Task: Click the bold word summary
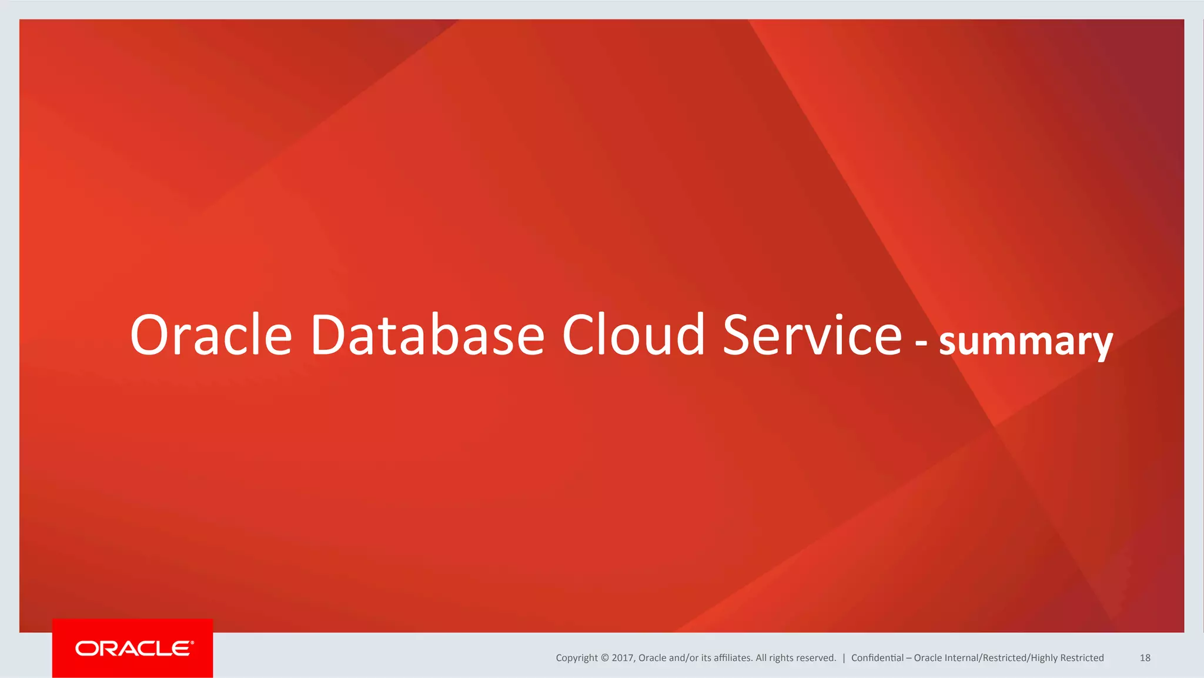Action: pos(1026,342)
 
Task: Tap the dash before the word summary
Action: pos(921,342)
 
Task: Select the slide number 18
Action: pos(1145,658)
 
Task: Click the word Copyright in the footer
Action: pos(577,658)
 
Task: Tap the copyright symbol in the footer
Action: pos(605,658)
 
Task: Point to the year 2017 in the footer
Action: pos(622,658)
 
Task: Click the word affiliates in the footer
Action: pos(733,658)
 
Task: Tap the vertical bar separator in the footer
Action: pos(844,658)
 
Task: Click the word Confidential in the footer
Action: pos(877,658)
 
